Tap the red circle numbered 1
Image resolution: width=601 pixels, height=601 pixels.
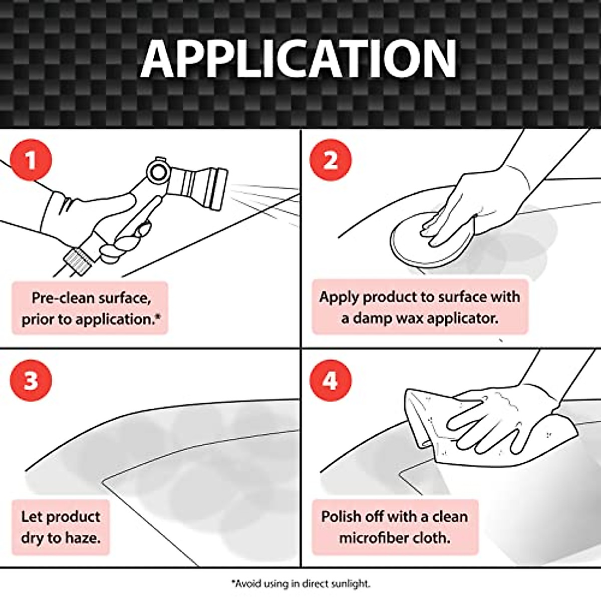click(x=31, y=161)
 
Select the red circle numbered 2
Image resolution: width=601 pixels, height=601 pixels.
click(x=330, y=161)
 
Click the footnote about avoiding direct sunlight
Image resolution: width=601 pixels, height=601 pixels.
click(x=300, y=583)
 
